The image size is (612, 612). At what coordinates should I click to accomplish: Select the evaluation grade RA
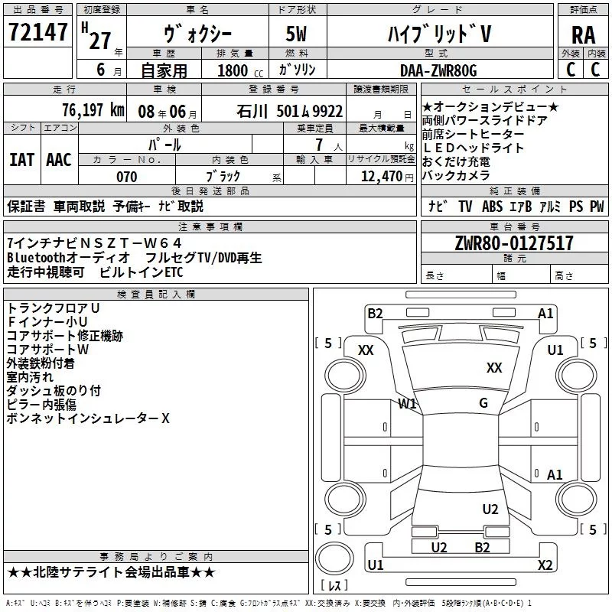click(583, 36)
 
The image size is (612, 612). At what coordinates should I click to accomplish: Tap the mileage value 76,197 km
click(90, 110)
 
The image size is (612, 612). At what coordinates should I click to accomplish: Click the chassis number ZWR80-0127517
click(513, 243)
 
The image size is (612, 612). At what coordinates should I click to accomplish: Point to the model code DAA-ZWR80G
click(438, 70)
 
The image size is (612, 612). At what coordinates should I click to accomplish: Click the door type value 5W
click(298, 34)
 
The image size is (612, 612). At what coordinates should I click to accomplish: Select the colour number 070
click(127, 177)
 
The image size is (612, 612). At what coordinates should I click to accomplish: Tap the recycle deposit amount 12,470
click(380, 177)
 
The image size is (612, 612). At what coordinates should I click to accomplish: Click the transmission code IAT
click(21, 159)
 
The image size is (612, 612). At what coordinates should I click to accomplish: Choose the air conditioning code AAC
click(58, 159)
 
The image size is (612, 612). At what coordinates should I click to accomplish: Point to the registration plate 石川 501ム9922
click(290, 111)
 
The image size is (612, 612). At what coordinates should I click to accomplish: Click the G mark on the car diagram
click(483, 403)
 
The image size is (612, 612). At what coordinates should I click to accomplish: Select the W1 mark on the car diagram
click(407, 403)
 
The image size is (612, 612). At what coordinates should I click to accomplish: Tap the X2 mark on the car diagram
click(545, 565)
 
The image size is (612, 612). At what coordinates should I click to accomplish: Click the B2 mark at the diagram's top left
click(375, 313)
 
